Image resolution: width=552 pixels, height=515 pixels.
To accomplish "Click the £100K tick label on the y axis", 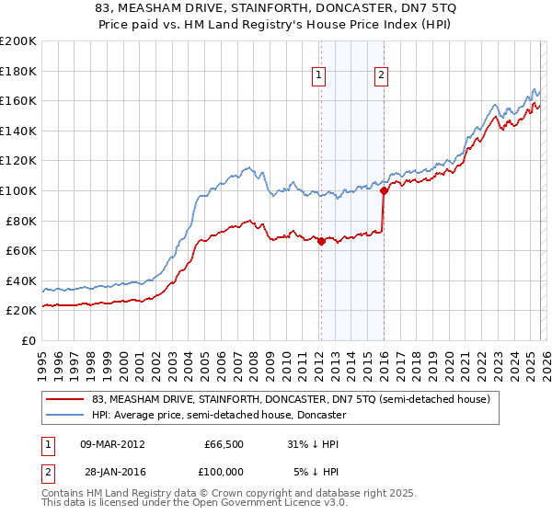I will coord(18,190).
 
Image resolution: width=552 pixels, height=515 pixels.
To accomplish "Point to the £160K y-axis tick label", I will coord(18,100).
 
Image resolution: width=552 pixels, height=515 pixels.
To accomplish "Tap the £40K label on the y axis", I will coord(21,280).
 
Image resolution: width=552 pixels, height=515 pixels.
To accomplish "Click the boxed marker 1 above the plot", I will coord(319,77).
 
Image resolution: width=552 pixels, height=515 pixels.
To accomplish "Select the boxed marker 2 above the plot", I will coord(381,77).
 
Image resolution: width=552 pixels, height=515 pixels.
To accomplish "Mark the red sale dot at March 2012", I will coord(321,241).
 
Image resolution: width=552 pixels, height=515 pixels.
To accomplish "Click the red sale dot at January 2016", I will coord(384,191).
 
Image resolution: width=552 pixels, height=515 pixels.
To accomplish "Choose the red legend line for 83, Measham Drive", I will coord(64,399).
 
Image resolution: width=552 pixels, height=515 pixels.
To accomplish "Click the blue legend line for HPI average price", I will coord(64,415).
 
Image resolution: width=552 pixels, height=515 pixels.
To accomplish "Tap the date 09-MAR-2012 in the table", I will coord(112,443).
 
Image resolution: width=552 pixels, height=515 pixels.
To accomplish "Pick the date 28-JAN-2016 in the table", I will coord(112,473).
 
